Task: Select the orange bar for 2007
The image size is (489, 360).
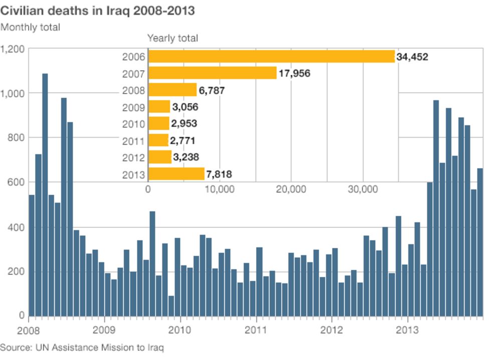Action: [212, 73]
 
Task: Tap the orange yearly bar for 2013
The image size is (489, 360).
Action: [176, 174]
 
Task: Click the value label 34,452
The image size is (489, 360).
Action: [412, 57]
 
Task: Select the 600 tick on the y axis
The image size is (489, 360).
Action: [16, 182]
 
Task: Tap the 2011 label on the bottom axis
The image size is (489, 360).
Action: [256, 330]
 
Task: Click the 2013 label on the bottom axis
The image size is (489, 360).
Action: [407, 330]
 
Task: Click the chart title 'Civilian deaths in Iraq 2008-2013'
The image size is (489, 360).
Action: [98, 11]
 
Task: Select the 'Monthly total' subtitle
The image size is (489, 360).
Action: [30, 27]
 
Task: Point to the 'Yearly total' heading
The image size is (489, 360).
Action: [172, 38]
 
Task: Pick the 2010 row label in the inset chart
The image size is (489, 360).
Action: [134, 124]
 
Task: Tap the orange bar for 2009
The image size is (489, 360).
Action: [159, 107]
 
